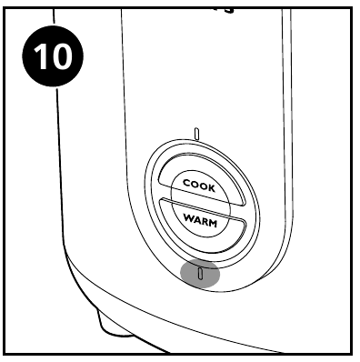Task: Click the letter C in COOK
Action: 186,184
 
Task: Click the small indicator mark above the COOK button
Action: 196,134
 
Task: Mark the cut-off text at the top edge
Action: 215,6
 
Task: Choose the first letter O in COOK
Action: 194,183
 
